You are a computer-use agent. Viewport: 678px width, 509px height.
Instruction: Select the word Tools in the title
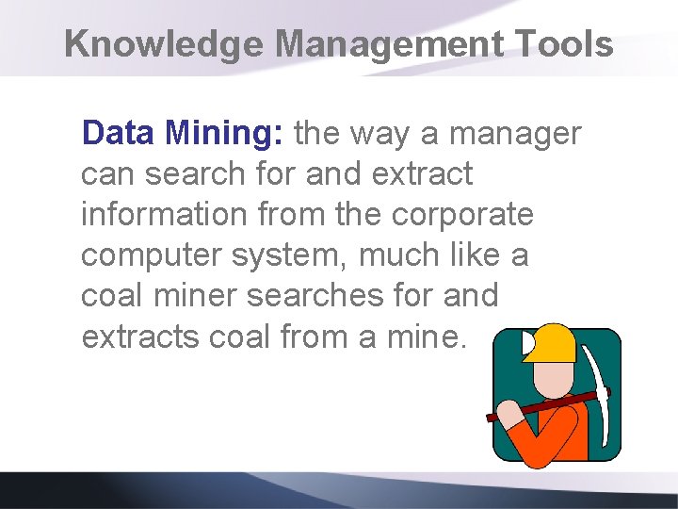pos(573,44)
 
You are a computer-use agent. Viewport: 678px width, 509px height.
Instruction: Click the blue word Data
pos(119,134)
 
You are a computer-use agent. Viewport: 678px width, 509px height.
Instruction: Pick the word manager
pos(515,135)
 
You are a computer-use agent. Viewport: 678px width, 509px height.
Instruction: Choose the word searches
pos(315,295)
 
